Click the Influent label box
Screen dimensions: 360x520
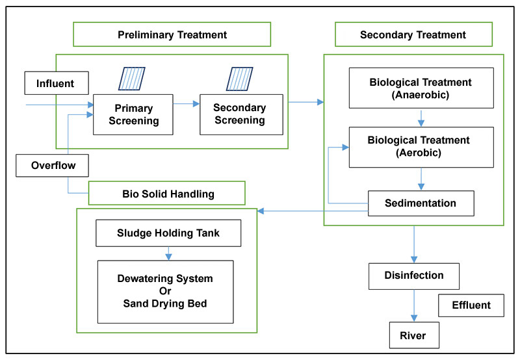(55, 83)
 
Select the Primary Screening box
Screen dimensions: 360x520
(133, 114)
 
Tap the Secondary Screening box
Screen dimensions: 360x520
(240, 114)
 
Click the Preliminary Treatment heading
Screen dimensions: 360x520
(172, 34)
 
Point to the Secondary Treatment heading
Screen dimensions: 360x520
(413, 34)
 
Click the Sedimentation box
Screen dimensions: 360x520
(421, 203)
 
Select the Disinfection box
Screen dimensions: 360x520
(413, 276)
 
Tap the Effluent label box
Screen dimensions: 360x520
(471, 305)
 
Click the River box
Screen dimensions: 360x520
(413, 336)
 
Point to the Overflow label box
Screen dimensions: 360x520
(53, 165)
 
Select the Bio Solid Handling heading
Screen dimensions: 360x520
(168, 193)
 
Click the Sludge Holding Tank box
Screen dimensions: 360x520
(168, 233)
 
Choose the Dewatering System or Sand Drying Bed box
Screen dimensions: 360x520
(165, 291)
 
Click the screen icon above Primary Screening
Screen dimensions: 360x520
(132, 79)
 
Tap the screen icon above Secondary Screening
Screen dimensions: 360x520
(239, 79)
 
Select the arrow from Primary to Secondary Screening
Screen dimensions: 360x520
(187, 103)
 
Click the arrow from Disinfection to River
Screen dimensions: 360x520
(413, 305)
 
